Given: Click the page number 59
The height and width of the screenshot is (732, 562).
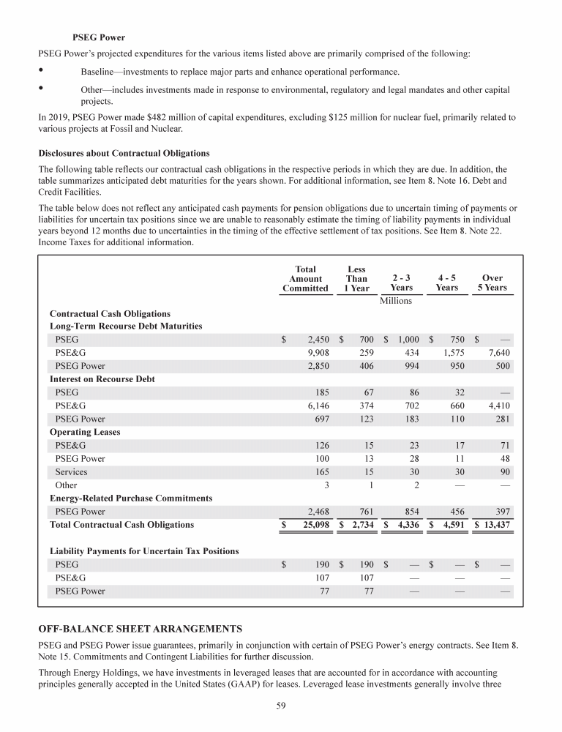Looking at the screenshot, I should pos(280,706).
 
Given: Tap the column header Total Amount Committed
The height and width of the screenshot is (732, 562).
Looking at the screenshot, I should pos(305,279).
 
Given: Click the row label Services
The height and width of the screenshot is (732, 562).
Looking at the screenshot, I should pos(72,471).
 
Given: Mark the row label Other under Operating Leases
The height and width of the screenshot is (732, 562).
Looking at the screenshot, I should pos(66,485).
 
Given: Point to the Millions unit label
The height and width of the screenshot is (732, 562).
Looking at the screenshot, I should pos(396,301).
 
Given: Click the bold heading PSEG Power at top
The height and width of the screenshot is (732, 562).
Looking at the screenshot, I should pos(99,36).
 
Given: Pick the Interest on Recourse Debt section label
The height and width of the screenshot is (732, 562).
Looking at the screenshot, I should pos(102,379).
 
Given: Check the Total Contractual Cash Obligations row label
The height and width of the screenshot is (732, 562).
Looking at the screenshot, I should pos(121,525).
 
